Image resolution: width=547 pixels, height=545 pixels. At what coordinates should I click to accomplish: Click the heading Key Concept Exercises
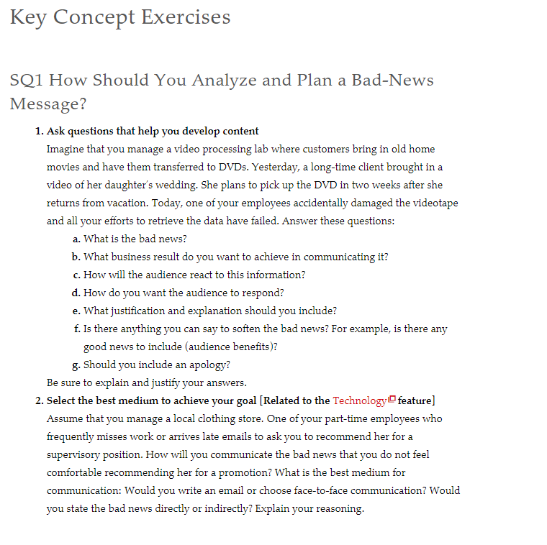pos(120,17)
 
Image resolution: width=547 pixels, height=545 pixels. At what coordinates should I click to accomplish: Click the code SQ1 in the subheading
pos(26,80)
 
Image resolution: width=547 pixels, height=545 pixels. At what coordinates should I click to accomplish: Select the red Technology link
pos(359,400)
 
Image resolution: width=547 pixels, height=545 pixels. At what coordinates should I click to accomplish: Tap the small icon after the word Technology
pos(392,400)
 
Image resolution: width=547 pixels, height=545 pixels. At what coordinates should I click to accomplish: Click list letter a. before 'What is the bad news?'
pos(76,239)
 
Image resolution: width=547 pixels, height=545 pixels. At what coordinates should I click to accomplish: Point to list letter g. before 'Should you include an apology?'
pos(76,365)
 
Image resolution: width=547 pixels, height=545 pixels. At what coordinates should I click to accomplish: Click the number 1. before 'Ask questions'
pos(40,131)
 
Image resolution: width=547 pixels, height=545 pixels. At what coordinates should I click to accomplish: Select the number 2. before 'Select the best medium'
pos(40,400)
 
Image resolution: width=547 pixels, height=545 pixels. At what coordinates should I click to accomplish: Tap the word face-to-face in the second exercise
pos(325,490)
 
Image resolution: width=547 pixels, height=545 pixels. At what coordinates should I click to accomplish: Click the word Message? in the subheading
pos(48,104)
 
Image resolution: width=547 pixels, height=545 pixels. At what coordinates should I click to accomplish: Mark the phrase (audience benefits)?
pos(229,347)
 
